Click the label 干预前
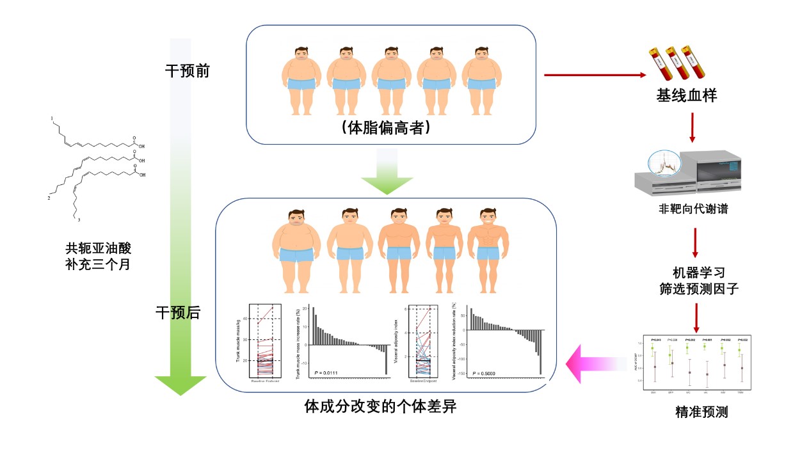click(187, 71)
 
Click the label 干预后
click(178, 313)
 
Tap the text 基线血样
click(686, 96)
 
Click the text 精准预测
click(701, 412)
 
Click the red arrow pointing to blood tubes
click(595, 75)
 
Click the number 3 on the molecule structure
click(79, 220)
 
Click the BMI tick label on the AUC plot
click(652, 392)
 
